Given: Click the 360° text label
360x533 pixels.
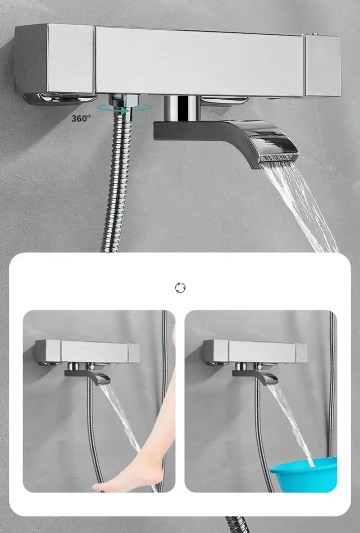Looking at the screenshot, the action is point(81,118).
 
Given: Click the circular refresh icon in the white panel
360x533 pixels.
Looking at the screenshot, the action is point(180,287).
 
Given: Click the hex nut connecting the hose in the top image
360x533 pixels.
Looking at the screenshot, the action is point(123,100).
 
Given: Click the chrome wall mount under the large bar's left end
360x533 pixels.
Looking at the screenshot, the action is point(60,99).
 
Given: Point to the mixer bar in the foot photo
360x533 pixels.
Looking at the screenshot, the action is point(87,351).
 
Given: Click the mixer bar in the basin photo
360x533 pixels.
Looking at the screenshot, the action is point(255,351).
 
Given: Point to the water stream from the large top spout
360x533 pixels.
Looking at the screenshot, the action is point(299,207).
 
